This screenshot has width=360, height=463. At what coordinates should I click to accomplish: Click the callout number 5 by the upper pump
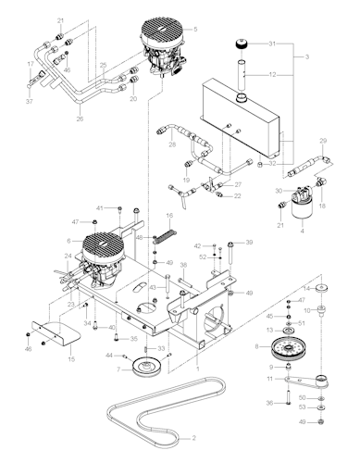coord(194,30)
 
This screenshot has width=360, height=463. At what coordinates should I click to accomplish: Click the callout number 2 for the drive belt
coord(194,437)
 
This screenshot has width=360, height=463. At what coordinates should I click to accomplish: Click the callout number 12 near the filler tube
coord(273,74)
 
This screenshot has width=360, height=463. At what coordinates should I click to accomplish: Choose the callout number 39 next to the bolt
coord(248,242)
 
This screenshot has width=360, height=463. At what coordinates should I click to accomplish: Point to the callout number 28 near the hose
coord(172,144)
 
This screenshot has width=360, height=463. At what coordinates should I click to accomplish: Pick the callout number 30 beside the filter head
coord(278,190)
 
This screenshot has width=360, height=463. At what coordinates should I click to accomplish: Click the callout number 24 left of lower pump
coord(68,256)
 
